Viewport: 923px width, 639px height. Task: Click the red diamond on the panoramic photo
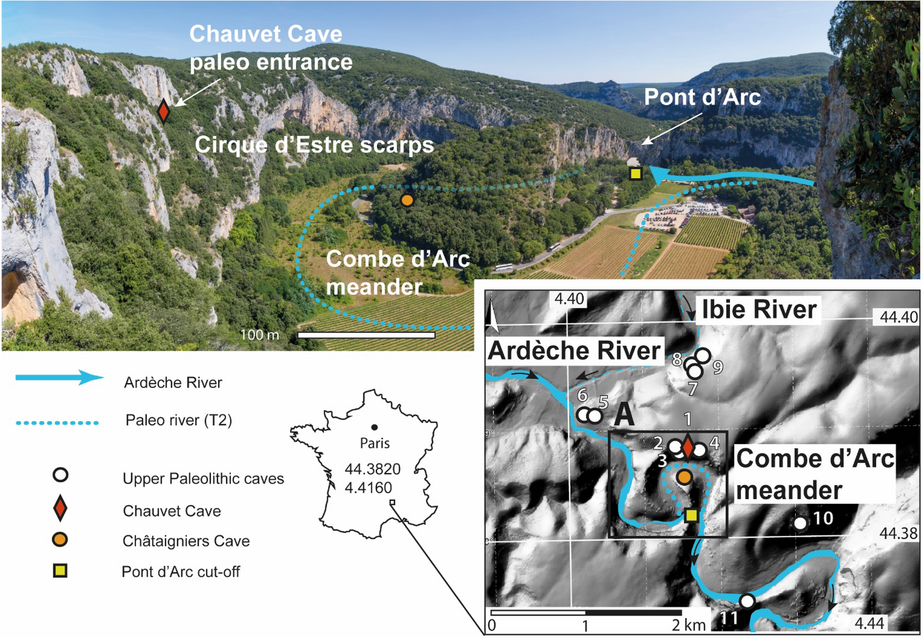(163, 111)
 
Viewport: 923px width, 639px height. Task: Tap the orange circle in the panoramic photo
(407, 200)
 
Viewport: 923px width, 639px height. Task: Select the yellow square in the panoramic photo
(635, 174)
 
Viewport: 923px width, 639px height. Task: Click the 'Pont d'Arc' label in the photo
(702, 97)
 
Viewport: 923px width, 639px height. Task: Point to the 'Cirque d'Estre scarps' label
(314, 145)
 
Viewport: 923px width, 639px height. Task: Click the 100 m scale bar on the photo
(366, 335)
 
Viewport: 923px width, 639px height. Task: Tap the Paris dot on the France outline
(374, 427)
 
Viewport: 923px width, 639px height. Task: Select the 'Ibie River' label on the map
(759, 310)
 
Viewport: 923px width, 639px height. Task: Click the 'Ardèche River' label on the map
(574, 351)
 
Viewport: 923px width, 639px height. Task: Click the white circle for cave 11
(747, 601)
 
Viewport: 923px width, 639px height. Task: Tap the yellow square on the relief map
(691, 515)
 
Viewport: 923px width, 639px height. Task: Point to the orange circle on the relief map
(684, 476)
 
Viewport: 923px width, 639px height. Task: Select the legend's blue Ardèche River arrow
(59, 378)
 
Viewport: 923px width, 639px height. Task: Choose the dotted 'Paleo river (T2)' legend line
(57, 423)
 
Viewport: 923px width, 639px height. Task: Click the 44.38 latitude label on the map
(898, 533)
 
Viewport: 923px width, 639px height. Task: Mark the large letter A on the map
(624, 415)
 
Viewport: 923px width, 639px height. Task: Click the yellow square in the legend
(60, 571)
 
